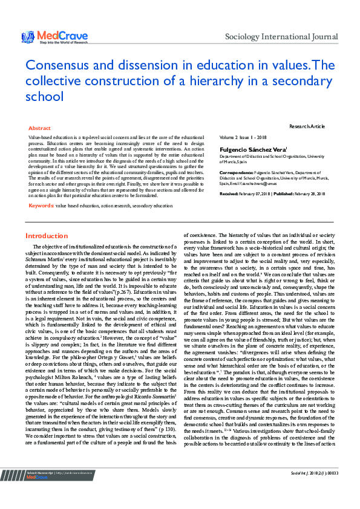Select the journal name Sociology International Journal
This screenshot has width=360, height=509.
pyautogui.click(x=281, y=37)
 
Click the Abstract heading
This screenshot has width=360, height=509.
pyautogui.click(x=40, y=128)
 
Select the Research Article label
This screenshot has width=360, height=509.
pyautogui.click(x=307, y=126)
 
